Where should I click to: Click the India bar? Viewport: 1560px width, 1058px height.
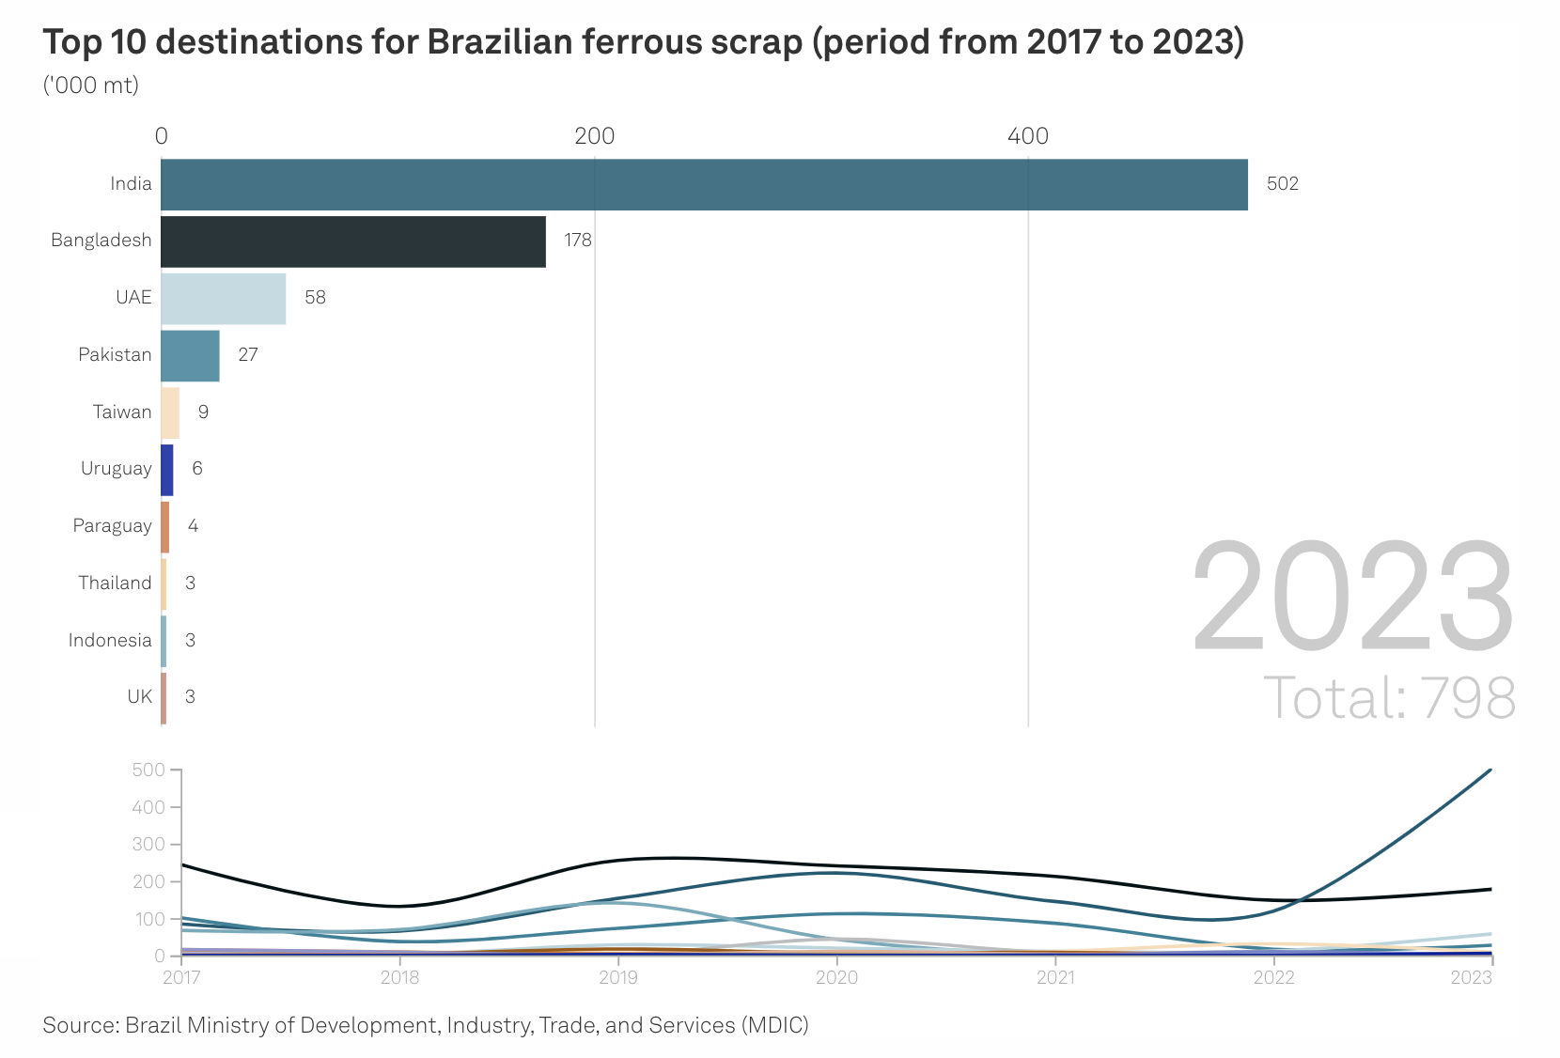pyautogui.click(x=704, y=184)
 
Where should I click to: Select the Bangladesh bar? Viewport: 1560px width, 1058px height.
pyautogui.click(x=353, y=241)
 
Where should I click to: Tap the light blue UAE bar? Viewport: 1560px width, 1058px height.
pyautogui.click(x=224, y=299)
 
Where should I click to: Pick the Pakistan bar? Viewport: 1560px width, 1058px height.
pyautogui.click(x=190, y=355)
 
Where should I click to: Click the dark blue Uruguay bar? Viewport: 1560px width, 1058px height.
pyautogui.click(x=167, y=470)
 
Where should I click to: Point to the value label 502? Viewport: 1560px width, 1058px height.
pyautogui.click(x=1282, y=184)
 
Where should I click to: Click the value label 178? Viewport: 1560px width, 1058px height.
pyautogui.click(x=578, y=241)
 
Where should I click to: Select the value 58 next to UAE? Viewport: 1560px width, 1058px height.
pyautogui.click(x=315, y=298)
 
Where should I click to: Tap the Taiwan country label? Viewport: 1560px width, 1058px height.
pyautogui.click(x=122, y=412)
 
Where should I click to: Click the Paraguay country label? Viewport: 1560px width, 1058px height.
pyautogui.click(x=112, y=526)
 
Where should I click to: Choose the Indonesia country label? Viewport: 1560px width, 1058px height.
pyautogui.click(x=109, y=640)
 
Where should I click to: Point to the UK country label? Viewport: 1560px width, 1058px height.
pyautogui.click(x=139, y=697)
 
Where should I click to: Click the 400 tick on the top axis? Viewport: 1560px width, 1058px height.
pyautogui.click(x=1028, y=136)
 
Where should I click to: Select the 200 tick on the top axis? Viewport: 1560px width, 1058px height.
pyautogui.click(x=594, y=136)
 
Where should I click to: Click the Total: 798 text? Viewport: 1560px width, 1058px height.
pyautogui.click(x=1389, y=698)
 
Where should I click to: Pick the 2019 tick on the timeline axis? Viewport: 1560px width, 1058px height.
pyautogui.click(x=617, y=978)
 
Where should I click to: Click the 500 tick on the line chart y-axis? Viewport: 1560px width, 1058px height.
pyautogui.click(x=148, y=770)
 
